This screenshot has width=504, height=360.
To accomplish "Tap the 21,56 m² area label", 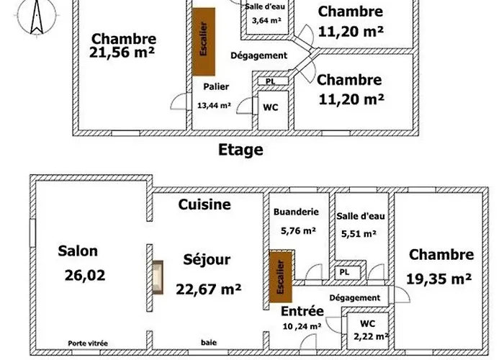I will tap(124, 53).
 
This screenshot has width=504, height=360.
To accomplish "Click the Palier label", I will tap(216, 87).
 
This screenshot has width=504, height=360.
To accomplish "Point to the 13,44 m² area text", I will tap(214, 105).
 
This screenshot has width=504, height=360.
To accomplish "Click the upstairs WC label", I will tap(271, 107).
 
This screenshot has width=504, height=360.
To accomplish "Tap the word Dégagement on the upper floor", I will tap(258, 55).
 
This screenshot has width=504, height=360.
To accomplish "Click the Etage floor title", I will tap(240, 150).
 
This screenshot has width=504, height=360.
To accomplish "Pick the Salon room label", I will tap(78, 251).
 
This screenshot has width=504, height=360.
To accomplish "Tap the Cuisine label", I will tap(204, 204).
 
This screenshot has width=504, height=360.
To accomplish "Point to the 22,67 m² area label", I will tap(208, 289).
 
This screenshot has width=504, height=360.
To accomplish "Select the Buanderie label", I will tap(295, 213).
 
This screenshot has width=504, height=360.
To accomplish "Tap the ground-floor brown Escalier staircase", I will tap(279, 276).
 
